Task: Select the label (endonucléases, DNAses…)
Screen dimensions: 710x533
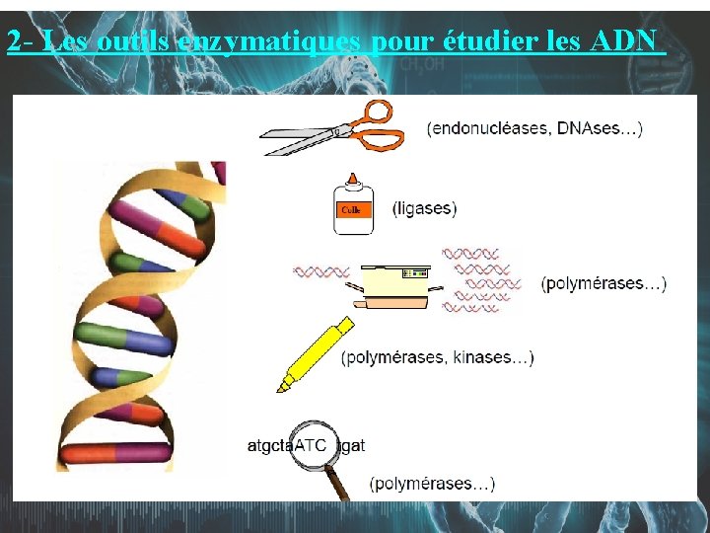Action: tap(534, 128)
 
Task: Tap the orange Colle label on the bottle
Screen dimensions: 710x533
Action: tap(351, 210)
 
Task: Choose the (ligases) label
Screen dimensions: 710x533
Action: tap(424, 209)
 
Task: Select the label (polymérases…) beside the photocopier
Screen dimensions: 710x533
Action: tap(603, 284)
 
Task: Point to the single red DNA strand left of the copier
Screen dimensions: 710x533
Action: tap(321, 270)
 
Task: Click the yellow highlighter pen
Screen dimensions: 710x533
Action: tap(316, 353)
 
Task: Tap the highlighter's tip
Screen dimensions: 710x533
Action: tap(282, 388)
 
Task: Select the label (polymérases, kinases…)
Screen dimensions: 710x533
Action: tap(437, 358)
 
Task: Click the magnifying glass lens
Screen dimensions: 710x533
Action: tap(315, 445)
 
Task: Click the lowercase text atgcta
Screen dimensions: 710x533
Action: tap(270, 446)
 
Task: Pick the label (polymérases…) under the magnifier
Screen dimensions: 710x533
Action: tap(432, 484)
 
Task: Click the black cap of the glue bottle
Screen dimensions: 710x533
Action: tap(351, 178)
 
